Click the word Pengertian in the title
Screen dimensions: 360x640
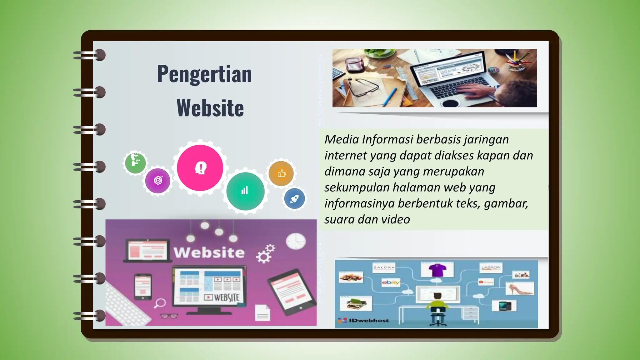point(204,74)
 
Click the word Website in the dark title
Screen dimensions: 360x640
point(210,108)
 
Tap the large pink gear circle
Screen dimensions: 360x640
point(200,168)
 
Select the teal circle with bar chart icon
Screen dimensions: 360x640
point(245,191)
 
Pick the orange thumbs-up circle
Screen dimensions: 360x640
point(281,173)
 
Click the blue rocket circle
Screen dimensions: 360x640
point(294,199)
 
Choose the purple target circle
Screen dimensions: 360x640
point(158,180)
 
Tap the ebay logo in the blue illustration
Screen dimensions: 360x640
point(391,282)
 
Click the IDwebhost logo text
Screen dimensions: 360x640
point(369,320)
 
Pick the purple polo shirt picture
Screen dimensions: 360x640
point(437,270)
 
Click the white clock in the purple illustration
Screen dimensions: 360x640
point(296,241)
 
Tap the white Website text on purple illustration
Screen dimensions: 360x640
point(209,252)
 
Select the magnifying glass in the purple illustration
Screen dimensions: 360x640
point(160,303)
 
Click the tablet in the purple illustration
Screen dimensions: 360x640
point(291,292)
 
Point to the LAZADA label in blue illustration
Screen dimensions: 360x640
point(491,267)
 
